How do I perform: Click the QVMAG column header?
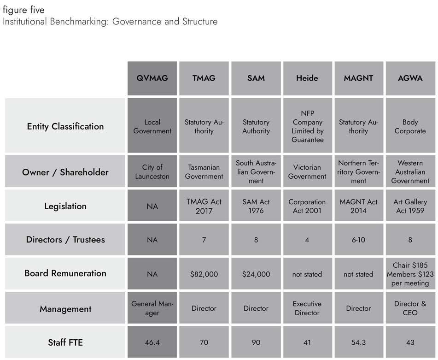152,78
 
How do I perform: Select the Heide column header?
307,78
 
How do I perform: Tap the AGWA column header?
410,78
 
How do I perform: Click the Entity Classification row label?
65,126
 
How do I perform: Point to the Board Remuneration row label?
65,273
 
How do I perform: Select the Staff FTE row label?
65,342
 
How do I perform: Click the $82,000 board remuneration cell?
204,274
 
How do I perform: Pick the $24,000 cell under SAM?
256,274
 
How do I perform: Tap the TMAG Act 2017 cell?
204,206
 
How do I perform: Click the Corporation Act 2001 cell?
307,206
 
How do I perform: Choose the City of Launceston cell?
152,172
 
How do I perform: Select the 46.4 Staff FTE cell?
152,342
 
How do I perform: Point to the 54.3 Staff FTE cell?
358,342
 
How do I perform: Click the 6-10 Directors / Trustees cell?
358,240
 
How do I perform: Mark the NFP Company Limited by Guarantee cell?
307,126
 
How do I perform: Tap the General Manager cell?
152,308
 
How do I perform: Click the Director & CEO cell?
410,308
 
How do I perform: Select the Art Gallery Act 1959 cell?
410,206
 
